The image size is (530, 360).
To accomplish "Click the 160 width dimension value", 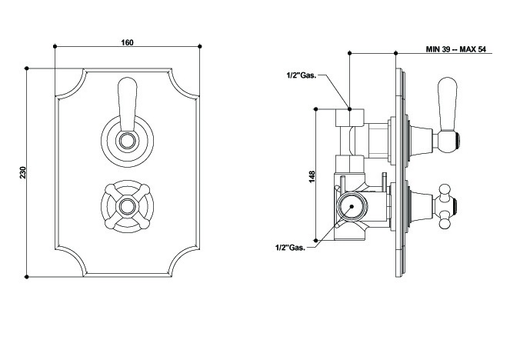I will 128,42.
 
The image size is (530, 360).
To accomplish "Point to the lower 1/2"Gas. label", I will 291,248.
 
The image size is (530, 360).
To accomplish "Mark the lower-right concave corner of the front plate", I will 187,262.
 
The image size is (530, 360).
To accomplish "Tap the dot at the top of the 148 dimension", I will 315,109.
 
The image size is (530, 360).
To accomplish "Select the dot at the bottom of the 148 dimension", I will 315,242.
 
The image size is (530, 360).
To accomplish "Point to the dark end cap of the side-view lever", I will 459,139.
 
